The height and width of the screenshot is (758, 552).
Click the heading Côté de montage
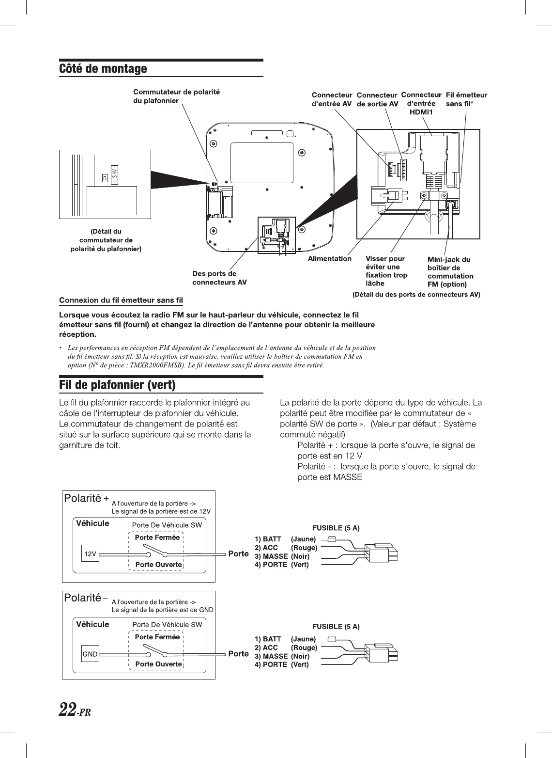(103, 69)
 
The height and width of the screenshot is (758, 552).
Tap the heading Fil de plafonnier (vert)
(117, 385)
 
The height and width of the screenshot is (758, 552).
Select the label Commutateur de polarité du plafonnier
(176, 96)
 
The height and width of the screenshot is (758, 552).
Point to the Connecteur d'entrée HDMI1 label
(421, 103)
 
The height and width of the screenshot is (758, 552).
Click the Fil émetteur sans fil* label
(466, 99)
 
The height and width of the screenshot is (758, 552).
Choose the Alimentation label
(330, 259)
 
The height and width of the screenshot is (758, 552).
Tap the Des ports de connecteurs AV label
(219, 278)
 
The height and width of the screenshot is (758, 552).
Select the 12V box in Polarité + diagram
(90, 553)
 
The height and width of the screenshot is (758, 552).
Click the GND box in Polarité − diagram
(90, 654)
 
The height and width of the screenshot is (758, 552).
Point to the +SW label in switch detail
(115, 175)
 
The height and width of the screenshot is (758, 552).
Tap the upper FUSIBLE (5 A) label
(336, 528)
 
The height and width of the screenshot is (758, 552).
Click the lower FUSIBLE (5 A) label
(336, 627)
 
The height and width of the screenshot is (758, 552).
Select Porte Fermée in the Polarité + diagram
(157, 537)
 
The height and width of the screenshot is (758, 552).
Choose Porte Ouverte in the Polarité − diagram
(158, 664)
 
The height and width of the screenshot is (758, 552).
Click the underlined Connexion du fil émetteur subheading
(121, 301)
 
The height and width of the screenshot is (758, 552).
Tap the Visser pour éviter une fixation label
(386, 271)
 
